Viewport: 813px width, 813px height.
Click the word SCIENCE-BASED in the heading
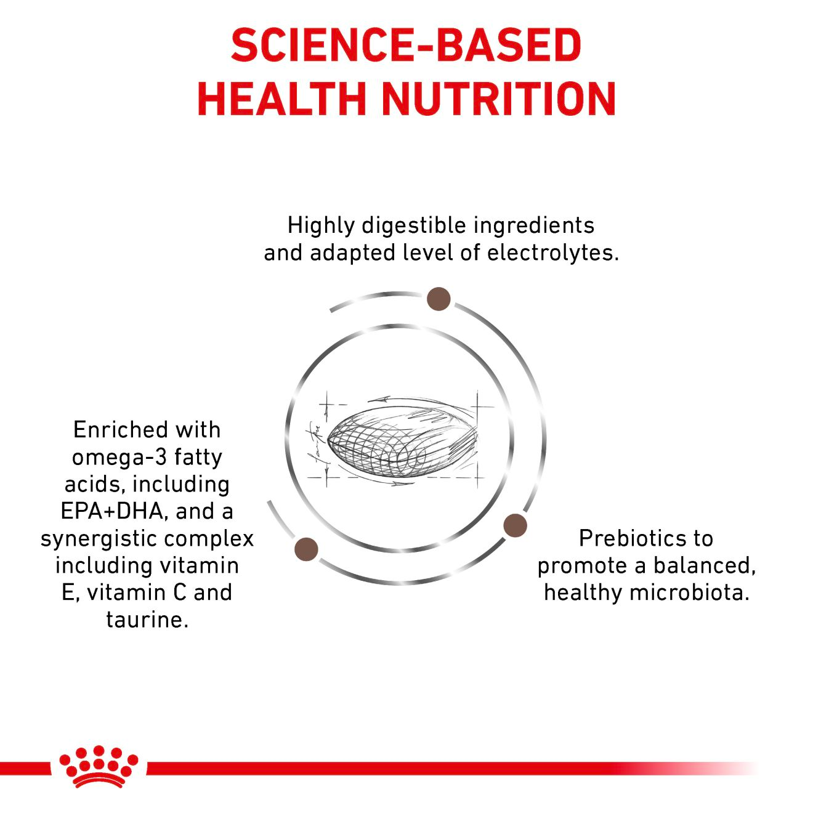tap(406, 45)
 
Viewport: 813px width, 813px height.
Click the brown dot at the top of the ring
tap(439, 299)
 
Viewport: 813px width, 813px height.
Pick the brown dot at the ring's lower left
tap(307, 549)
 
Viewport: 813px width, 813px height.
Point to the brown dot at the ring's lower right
tap(515, 525)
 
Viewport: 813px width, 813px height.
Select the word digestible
tap(417, 225)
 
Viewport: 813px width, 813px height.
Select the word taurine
tap(147, 619)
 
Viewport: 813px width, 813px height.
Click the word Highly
tap(321, 225)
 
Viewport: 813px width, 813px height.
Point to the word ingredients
tap(534, 225)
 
